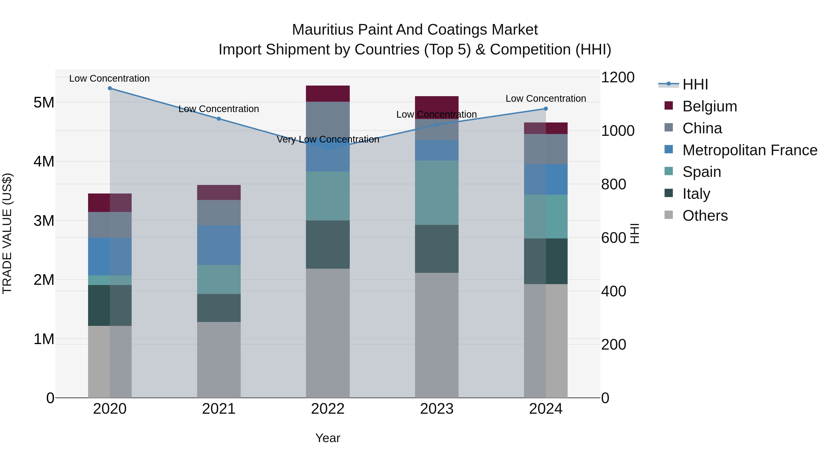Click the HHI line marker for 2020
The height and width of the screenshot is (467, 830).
[110, 88]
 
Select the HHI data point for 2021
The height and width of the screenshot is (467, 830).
[219, 119]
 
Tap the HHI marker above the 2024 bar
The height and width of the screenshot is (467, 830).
[545, 109]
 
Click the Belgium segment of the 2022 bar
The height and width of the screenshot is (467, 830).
[328, 93]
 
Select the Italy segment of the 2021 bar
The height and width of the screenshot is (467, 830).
[219, 308]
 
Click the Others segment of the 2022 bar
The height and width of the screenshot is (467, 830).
[328, 333]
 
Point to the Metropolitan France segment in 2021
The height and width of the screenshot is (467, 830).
[219, 245]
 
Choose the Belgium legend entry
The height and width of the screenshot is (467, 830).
[709, 106]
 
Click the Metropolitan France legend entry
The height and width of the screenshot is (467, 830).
[750, 150]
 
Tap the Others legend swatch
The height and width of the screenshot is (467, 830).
[669, 215]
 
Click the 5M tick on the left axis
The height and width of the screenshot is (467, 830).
[44, 102]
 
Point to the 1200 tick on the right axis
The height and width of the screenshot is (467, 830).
[618, 77]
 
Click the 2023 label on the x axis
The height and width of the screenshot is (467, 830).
[437, 409]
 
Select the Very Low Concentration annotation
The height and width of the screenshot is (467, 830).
[328, 139]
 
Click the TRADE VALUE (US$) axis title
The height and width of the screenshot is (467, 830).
[7, 233]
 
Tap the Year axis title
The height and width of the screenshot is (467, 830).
[328, 438]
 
